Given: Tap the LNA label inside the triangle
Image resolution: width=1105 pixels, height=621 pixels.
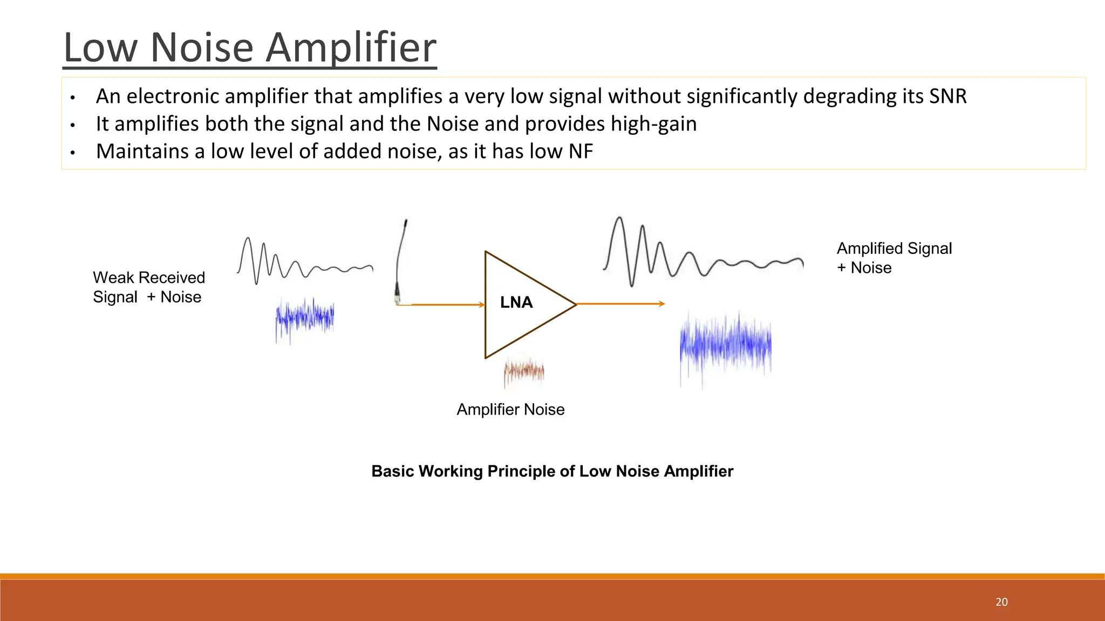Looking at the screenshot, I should pos(516,302).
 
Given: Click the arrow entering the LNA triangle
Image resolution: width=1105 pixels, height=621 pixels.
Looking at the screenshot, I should pos(447,305).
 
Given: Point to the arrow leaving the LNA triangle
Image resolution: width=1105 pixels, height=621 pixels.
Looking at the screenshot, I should pos(620,304).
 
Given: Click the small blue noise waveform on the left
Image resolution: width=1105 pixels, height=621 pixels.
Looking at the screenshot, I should pos(305,319).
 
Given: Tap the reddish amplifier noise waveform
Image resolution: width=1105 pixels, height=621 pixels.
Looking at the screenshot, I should pos(524,371).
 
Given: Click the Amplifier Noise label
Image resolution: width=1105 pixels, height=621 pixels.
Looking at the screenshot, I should pos(510,410).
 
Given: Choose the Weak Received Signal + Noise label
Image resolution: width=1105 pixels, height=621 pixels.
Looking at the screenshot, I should pos(148,287).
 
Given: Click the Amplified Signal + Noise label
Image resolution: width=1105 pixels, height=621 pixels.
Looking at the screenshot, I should pos(893,258).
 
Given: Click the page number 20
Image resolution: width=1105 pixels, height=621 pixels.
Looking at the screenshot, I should pos(1001,602).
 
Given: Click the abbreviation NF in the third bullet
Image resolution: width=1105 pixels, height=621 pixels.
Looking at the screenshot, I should pos(581,151).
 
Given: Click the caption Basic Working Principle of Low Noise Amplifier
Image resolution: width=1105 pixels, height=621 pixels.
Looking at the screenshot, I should pos(552,471).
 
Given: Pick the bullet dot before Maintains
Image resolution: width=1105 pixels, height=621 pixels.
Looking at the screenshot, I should pos(72,153).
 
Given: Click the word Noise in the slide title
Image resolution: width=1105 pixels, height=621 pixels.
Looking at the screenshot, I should pos(202,47).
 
